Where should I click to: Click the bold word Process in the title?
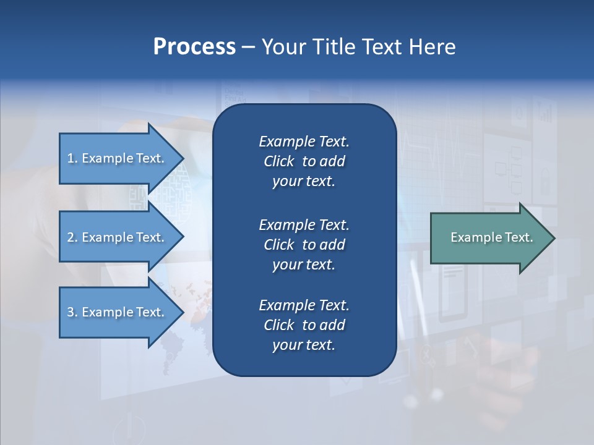click(194, 47)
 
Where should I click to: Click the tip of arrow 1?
click(183, 158)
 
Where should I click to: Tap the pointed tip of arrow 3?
click(183, 312)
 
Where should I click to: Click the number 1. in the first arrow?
click(72, 158)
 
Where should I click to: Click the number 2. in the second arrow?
click(72, 237)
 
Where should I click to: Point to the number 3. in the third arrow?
click(72, 312)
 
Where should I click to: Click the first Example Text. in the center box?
click(304, 142)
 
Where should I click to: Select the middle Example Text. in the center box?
click(304, 225)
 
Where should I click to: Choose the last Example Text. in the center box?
click(304, 305)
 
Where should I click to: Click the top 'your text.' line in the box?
click(304, 182)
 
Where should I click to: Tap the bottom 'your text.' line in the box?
click(304, 345)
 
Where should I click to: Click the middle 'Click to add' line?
click(304, 245)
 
